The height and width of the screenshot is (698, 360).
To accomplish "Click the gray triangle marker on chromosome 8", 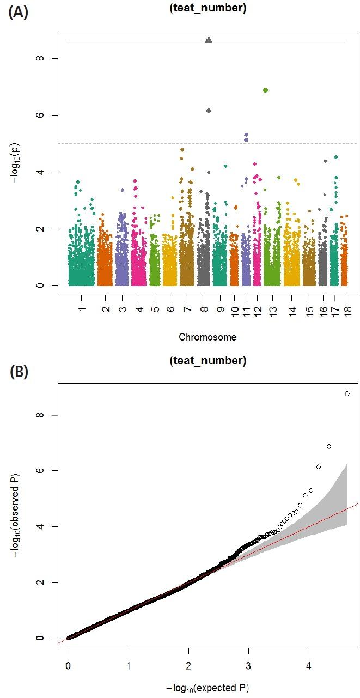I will click(209, 39).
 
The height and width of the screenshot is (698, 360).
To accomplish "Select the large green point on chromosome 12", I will click(265, 90).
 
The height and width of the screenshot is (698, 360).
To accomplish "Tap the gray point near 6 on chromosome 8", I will click(209, 111).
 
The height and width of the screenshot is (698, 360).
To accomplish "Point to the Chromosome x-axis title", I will click(208, 337).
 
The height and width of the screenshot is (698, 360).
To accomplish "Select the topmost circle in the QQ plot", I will click(347, 393).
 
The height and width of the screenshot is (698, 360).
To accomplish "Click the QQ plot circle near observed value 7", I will click(329, 446).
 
